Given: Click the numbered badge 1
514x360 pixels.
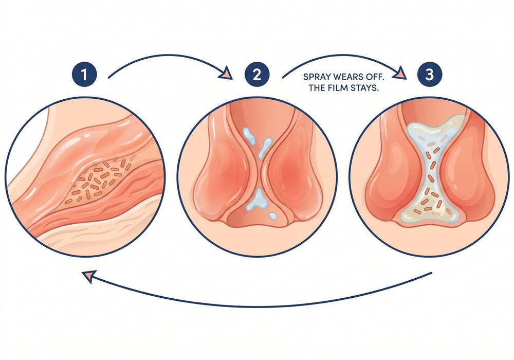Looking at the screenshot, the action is point(84,75).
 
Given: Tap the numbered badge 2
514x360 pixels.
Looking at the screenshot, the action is point(256,75).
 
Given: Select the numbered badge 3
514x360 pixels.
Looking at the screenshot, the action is point(429,75).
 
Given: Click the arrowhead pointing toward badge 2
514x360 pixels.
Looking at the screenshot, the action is point(227,73).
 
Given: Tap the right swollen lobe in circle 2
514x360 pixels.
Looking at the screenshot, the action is point(293,171).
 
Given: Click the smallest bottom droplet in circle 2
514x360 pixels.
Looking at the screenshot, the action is point(273,216).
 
